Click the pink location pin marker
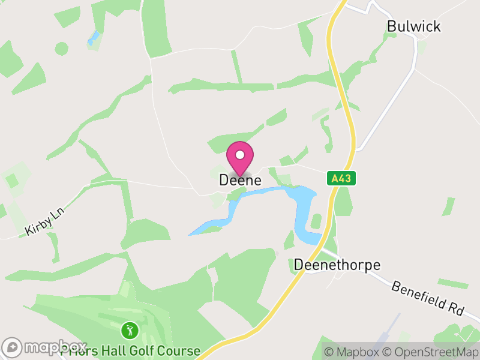click(x=240, y=158)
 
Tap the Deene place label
click(x=240, y=180)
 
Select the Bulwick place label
click(x=414, y=26)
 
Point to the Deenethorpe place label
click(x=337, y=265)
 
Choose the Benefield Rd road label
click(x=428, y=298)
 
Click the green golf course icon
click(x=130, y=329)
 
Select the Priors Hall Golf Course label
click(x=130, y=350)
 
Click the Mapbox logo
click(x=45, y=347)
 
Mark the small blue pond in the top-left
click(x=93, y=38)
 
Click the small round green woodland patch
click(x=62, y=48)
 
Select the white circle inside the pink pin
click(x=240, y=154)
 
